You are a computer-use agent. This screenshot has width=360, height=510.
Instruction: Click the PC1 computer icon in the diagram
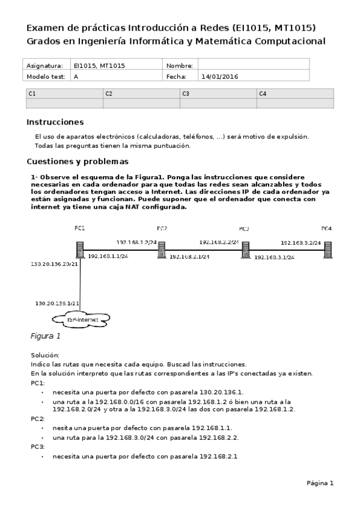tap(79, 250)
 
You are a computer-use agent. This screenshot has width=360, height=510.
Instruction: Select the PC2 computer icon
tap(162, 249)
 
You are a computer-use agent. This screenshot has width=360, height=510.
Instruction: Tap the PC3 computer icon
tap(245, 249)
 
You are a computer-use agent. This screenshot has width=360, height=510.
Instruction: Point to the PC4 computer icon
tap(328, 249)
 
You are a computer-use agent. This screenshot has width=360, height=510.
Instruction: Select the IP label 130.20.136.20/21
tap(54, 264)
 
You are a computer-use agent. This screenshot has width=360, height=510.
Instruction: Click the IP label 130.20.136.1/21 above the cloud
tap(58, 303)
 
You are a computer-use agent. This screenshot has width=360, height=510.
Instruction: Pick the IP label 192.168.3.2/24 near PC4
tap(301, 243)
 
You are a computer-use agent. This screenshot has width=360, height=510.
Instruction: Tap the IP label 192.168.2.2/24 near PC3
tap(219, 242)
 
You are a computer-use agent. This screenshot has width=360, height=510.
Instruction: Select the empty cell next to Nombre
tap(253, 65)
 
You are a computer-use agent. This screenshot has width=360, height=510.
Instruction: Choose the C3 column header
tap(218, 94)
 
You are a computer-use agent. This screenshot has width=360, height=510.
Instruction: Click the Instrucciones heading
tap(55, 122)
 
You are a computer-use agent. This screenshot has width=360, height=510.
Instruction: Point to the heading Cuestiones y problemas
tap(78, 162)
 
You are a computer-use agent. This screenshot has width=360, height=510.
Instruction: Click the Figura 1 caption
tap(46, 336)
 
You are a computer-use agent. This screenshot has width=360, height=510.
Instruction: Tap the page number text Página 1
tap(320, 483)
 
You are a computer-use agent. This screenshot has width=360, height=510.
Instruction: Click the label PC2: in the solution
tap(38, 418)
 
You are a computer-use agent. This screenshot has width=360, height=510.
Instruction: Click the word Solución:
tap(45, 355)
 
